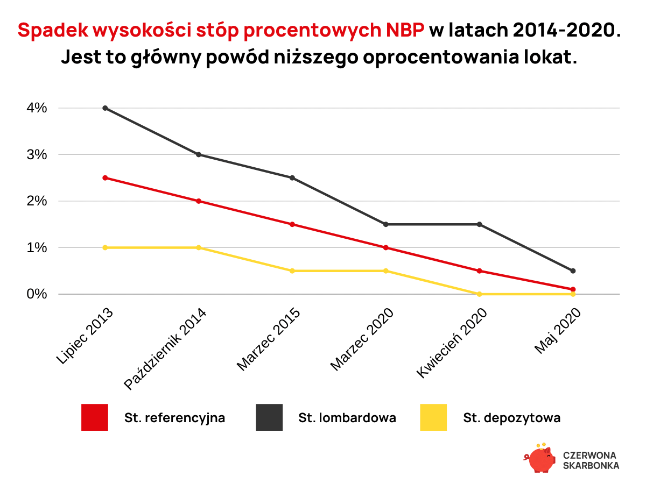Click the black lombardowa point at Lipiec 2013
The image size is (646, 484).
point(105,108)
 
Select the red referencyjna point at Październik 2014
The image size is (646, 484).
point(199,201)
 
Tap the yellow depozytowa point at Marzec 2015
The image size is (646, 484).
point(292,271)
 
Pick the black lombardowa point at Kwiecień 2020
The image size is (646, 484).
point(479,224)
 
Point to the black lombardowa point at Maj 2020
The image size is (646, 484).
point(573,271)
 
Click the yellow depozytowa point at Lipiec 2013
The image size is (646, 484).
point(105,247)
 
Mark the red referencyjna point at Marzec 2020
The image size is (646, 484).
point(385,247)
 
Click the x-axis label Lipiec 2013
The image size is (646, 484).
point(85,336)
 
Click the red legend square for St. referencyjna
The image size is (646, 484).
point(95,417)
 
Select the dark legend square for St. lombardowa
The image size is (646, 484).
point(269,417)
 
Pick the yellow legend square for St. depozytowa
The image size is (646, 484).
point(433,417)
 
